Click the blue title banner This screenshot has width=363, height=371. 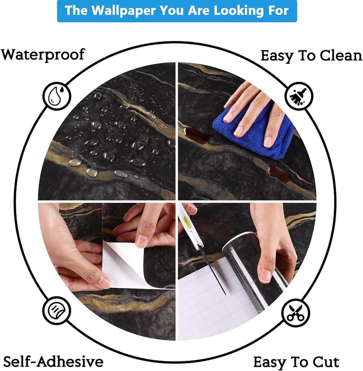177,11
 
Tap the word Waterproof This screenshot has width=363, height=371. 43,55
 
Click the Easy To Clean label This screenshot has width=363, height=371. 311,56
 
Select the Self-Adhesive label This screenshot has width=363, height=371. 54,361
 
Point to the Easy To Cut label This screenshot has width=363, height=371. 296,362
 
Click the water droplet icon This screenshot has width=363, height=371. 57,96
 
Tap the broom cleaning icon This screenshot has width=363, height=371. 299,96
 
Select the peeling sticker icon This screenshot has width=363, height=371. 57,310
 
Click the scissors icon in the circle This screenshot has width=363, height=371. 295,313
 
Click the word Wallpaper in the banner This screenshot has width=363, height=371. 123,11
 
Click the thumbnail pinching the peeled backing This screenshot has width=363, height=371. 104,282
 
